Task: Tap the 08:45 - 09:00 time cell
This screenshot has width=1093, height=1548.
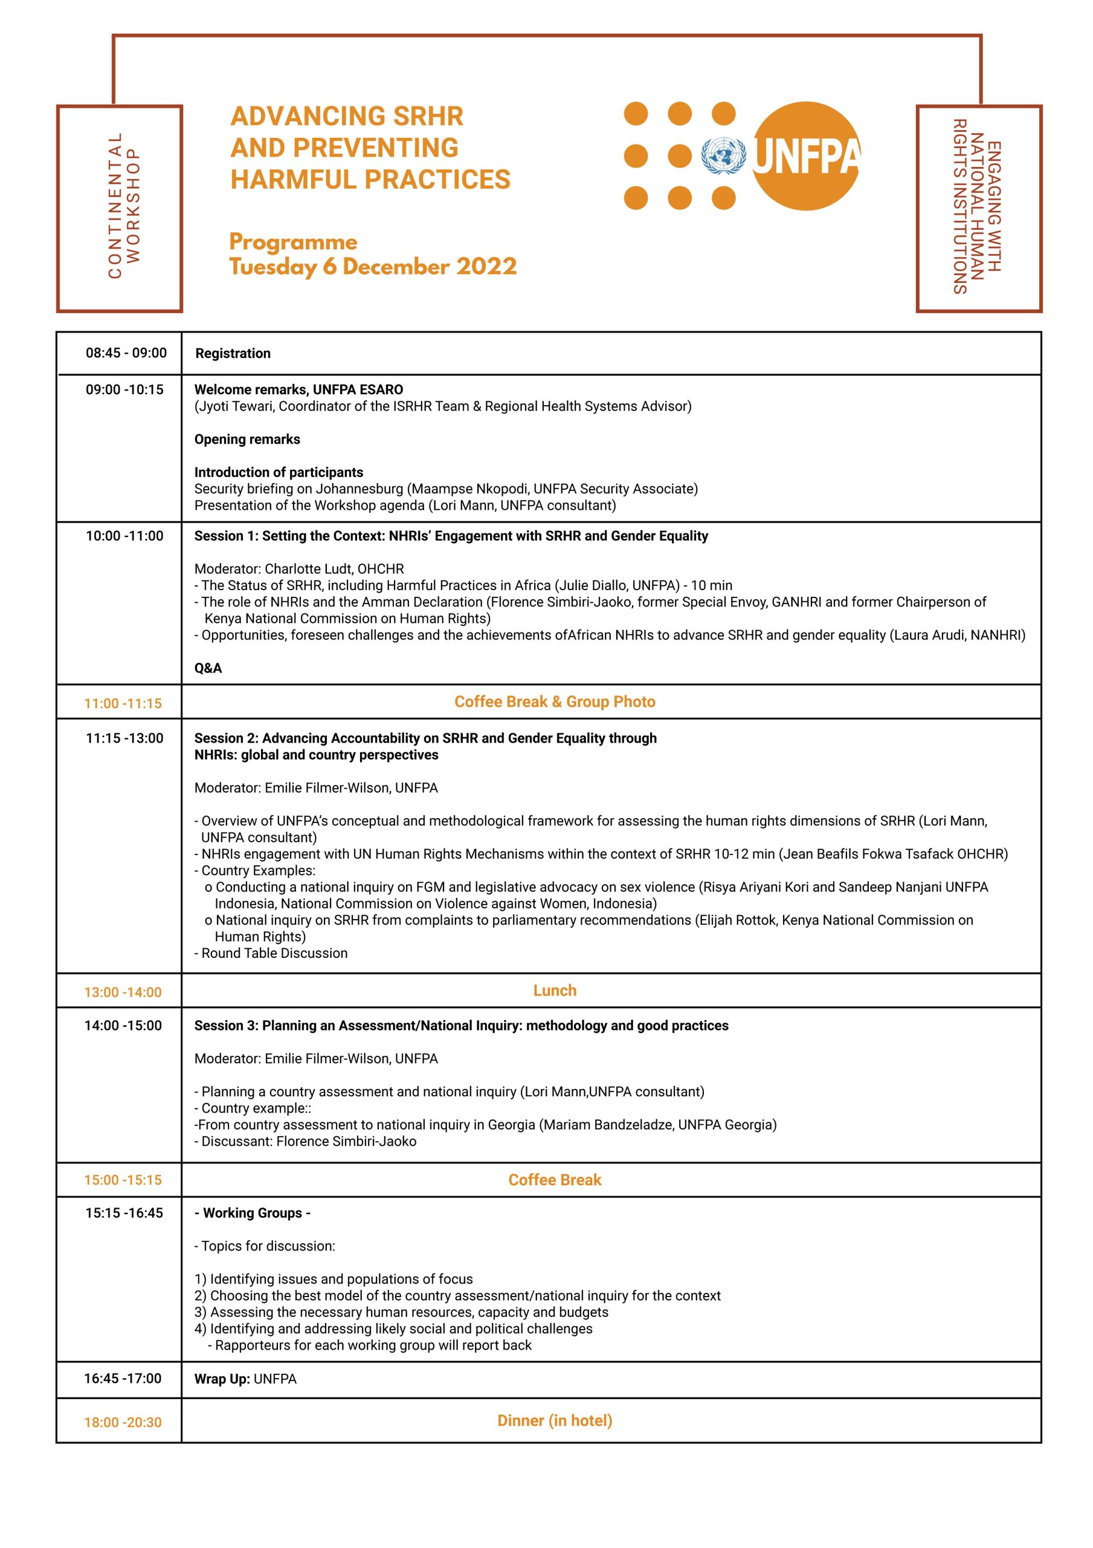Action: [126, 353]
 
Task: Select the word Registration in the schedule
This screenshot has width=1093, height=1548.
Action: [233, 353]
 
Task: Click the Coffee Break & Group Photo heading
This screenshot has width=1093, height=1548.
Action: [555, 702]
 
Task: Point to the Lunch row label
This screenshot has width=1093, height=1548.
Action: [555, 990]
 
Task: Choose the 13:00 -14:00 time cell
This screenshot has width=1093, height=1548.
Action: [123, 992]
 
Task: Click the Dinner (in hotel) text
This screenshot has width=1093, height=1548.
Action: [555, 1420]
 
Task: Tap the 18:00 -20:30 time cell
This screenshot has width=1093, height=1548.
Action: [123, 1422]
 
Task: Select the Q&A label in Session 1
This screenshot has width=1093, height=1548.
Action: [208, 668]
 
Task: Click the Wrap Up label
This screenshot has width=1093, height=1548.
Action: [222, 1379]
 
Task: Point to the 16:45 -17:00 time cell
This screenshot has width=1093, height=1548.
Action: [123, 1378]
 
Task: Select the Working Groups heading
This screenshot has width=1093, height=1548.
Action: [253, 1213]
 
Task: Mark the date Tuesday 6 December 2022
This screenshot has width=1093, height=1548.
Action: [373, 266]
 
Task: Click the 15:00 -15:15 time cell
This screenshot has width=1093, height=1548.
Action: [123, 1180]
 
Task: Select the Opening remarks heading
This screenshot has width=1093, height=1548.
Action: [247, 439]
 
